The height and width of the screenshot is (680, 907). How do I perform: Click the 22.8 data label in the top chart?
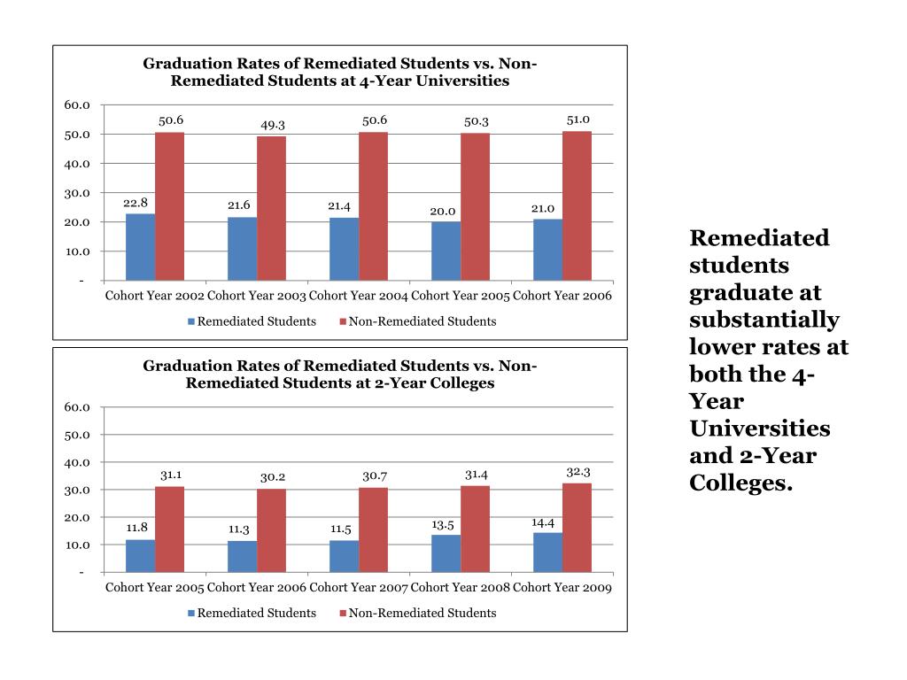[136, 203]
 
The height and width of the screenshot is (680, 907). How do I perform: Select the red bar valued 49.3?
[271, 208]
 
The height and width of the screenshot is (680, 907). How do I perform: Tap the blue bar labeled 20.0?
[446, 251]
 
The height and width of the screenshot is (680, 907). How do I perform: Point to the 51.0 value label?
[578, 120]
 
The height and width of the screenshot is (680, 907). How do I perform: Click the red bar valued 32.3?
[577, 527]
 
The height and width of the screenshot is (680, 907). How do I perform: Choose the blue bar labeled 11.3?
[242, 556]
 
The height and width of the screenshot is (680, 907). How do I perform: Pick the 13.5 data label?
[443, 525]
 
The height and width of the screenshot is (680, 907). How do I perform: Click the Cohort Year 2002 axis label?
[155, 295]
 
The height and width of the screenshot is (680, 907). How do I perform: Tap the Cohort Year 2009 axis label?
[562, 587]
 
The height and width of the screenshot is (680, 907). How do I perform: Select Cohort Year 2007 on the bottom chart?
[359, 587]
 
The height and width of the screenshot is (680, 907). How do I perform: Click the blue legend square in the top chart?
[190, 321]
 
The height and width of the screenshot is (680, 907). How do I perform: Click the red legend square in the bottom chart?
[343, 613]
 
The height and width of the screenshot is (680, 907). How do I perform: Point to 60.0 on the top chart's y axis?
[77, 105]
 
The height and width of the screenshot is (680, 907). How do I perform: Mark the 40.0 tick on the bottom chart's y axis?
[77, 462]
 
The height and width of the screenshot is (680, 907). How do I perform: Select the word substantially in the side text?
[764, 320]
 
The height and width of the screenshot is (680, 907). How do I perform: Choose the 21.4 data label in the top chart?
[340, 206]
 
